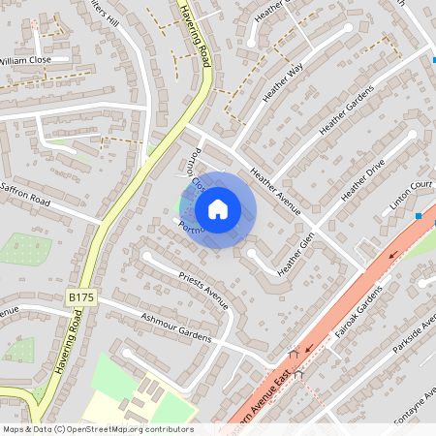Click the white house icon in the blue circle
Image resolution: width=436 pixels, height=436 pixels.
(x=218, y=208)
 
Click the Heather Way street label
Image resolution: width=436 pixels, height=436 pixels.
(x=284, y=80)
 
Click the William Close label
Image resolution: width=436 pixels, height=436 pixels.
(x=26, y=59)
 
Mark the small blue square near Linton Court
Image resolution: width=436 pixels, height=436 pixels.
(x=419, y=215)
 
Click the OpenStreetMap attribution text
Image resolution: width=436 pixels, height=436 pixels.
(x=97, y=428)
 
